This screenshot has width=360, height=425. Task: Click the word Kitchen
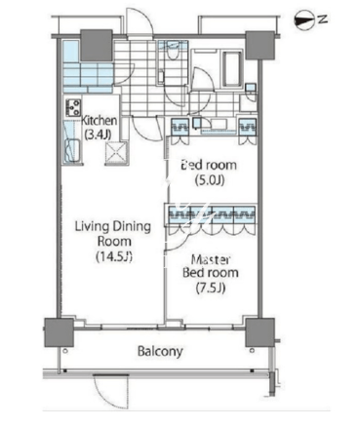[99, 121]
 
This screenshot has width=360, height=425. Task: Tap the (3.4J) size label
[98, 134]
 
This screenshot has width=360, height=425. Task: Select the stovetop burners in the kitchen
[73, 107]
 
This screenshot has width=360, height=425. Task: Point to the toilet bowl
[173, 52]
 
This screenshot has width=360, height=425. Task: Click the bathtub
[232, 69]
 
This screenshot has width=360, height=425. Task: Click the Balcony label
[160, 352]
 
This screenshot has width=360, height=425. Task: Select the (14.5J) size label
[114, 257]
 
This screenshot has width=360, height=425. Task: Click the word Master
[211, 259]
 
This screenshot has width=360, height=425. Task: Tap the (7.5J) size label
[211, 288]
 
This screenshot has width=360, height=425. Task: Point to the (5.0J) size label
[210, 180]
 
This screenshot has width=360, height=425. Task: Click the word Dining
[132, 226]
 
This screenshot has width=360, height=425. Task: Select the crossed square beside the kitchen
[116, 152]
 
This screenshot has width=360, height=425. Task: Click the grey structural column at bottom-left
[59, 332]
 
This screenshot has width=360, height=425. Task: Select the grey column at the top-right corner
[260, 45]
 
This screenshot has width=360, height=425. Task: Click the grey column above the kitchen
[97, 45]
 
